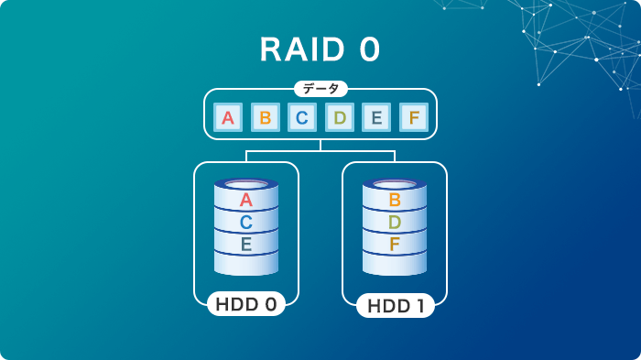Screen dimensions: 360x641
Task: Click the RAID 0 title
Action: (320, 49)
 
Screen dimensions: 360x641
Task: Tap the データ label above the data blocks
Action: (320, 89)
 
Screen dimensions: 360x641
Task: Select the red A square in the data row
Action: (229, 117)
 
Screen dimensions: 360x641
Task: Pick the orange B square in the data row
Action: (266, 117)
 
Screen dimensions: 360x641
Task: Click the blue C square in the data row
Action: (302, 117)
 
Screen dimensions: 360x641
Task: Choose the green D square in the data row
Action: (340, 117)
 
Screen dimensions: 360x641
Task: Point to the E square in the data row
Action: (376, 117)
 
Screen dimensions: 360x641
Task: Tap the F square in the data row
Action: (414, 117)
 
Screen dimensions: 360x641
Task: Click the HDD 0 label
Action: (245, 303)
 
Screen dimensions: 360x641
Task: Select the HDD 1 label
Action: (396, 305)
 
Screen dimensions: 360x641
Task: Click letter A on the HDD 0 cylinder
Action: (245, 201)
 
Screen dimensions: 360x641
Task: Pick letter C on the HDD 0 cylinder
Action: (245, 223)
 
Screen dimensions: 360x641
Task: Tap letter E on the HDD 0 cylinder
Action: (245, 245)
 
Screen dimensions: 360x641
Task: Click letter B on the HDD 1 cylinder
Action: (395, 200)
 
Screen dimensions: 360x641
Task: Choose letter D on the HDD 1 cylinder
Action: (395, 222)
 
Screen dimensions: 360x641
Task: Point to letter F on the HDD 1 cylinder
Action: (395, 244)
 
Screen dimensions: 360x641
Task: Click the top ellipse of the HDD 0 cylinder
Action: (245, 184)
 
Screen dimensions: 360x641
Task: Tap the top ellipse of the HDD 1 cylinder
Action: (395, 183)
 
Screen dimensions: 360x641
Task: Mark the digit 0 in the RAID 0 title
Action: (369, 49)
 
